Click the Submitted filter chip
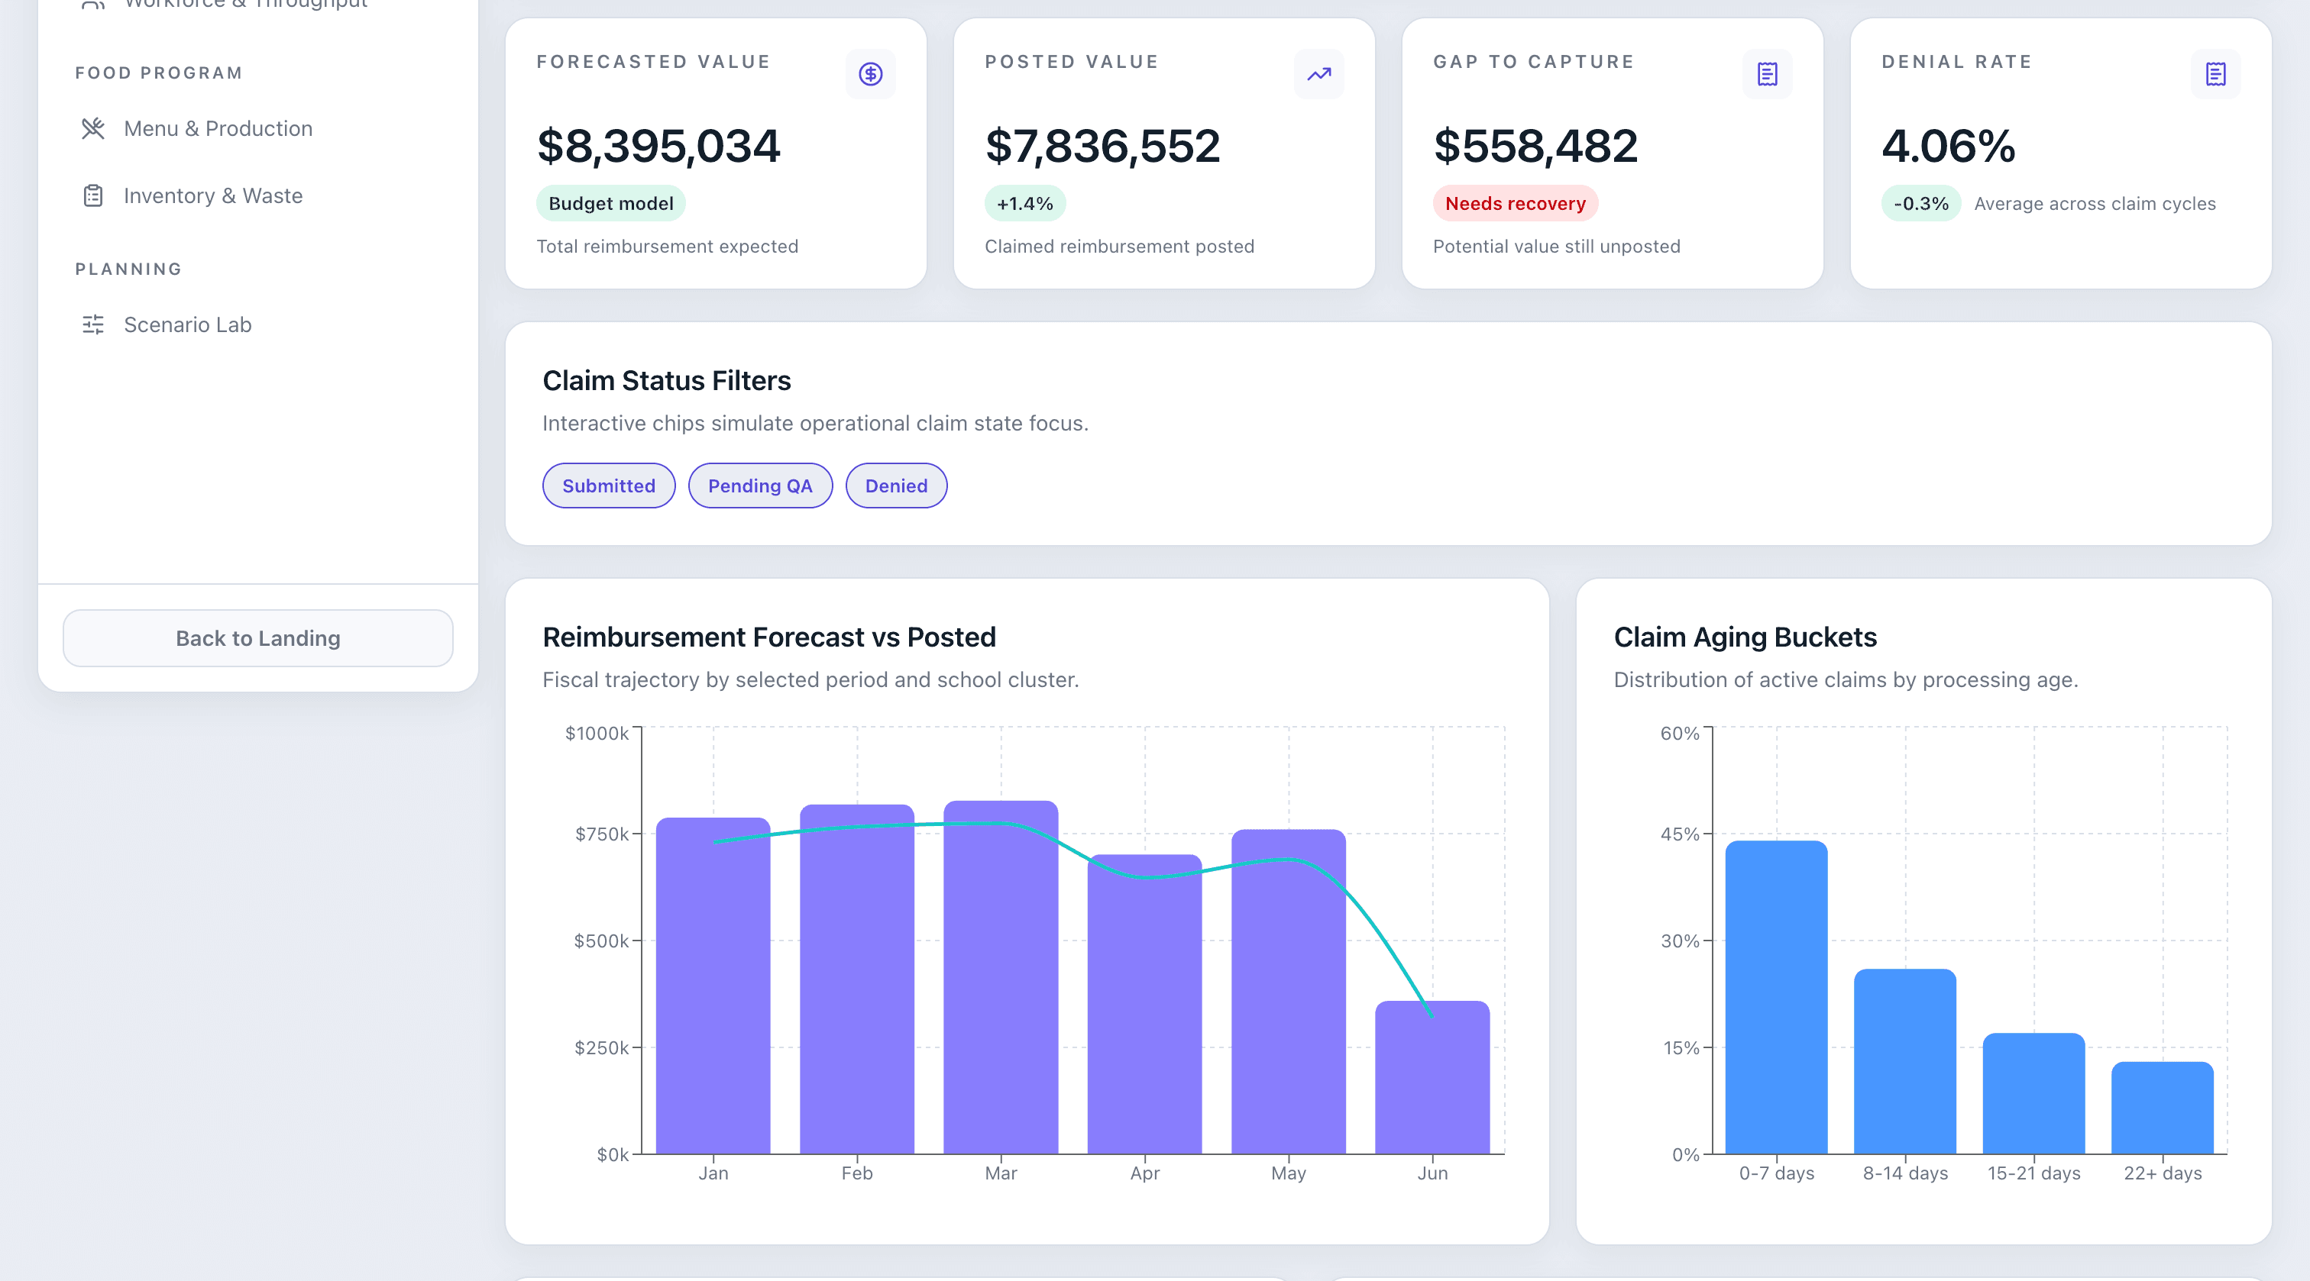[608, 486]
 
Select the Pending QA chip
[759, 486]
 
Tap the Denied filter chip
[896, 486]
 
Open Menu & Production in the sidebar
[218, 128]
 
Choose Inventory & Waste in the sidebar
[212, 195]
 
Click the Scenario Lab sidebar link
[187, 324]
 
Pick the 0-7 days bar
[1775, 997]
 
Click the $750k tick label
[601, 834]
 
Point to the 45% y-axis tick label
[1679, 834]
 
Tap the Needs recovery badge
[1515, 204]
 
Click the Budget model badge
[610, 204]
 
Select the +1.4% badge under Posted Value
[1024, 204]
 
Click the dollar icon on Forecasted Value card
[870, 74]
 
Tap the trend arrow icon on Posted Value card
[1318, 74]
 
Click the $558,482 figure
[1535, 146]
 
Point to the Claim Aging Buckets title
[1744, 637]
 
